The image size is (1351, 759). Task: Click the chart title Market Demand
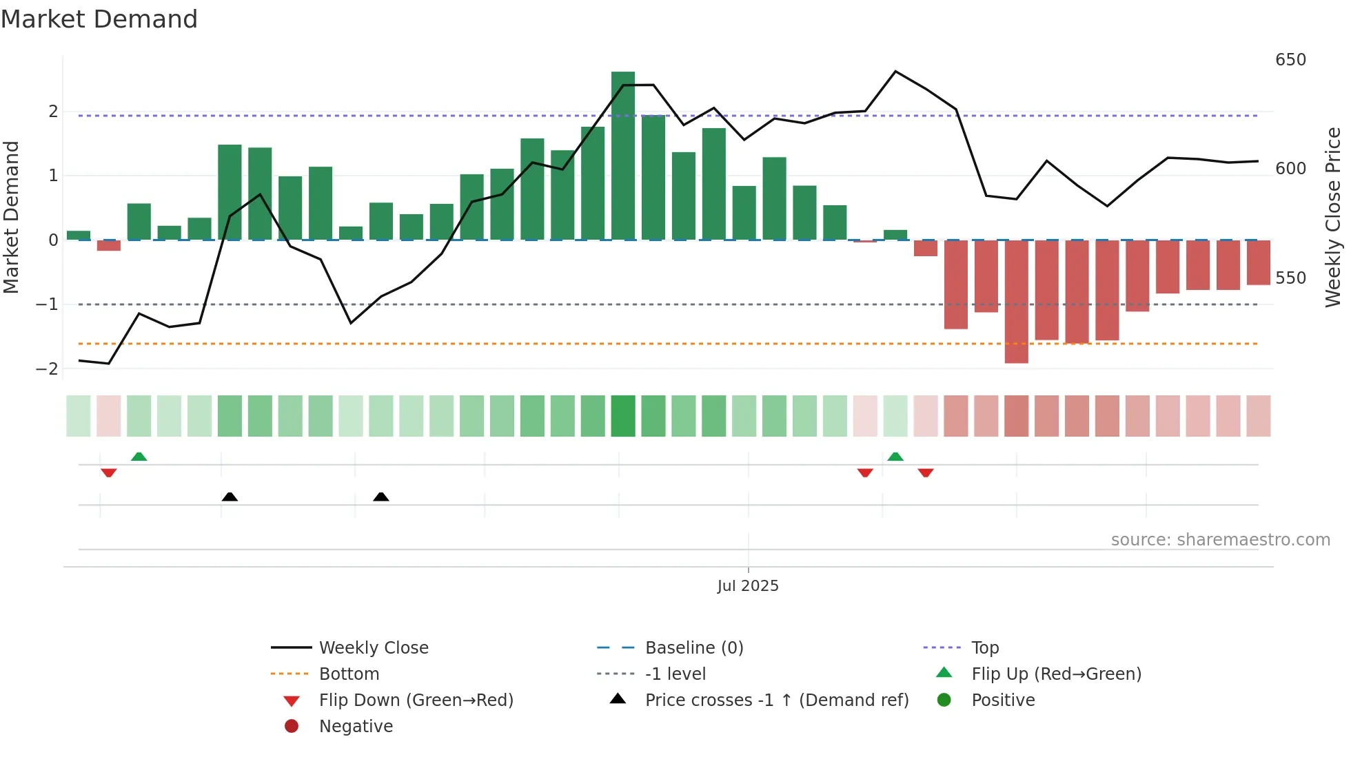coord(99,19)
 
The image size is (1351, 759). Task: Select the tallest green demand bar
coord(622,156)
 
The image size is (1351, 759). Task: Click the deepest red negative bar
coord(1016,302)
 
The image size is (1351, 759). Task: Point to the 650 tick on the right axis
coord(1290,60)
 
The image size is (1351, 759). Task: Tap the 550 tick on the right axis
coord(1290,278)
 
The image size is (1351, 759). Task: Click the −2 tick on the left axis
coord(47,369)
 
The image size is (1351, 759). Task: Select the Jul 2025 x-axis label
coord(748,586)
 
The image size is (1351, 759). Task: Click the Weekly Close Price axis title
coord(1333,217)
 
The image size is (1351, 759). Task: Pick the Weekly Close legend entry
coord(373,648)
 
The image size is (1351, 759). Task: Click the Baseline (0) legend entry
coord(693,648)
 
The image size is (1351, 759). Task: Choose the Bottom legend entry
coord(349,674)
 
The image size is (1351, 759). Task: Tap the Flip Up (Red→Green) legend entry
coord(1056,674)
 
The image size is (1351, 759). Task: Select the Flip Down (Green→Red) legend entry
coord(416,700)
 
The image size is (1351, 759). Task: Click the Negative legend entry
coord(356,727)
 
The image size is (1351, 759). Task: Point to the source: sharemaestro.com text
coord(1220,540)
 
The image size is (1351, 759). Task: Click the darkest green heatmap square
coord(622,416)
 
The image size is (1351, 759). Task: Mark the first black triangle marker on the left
coord(230,497)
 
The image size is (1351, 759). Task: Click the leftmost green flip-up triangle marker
coord(139,457)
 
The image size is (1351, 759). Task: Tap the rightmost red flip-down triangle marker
coord(926,472)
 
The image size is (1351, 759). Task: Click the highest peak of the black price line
coord(895,72)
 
